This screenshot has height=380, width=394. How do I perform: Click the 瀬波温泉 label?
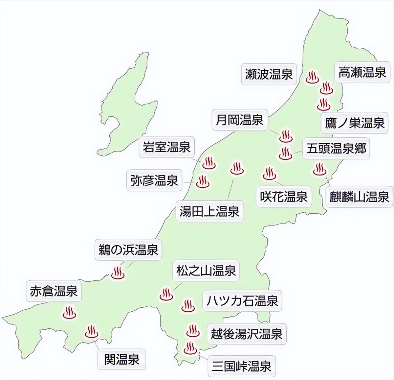click(269, 74)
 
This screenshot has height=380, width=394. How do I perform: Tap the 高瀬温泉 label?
click(362, 72)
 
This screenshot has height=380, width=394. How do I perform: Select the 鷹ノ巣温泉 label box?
click(355, 123)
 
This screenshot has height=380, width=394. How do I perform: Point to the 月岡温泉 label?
click(239, 120)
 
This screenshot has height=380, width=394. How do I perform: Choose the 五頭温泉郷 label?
click(336, 149)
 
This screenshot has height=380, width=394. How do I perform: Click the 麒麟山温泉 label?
click(360, 197)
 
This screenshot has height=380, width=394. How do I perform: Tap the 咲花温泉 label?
click(284, 197)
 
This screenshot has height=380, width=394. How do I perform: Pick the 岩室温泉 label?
click(166, 147)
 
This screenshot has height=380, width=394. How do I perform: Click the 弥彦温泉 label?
click(154, 180)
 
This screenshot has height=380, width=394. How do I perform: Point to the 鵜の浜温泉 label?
click(129, 250)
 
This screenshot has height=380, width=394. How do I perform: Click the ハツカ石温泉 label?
click(242, 301)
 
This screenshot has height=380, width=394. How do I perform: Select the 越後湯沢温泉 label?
click(247, 334)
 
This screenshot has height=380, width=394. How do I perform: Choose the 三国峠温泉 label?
click(242, 366)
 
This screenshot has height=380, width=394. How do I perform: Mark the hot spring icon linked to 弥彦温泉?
click(202, 181)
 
